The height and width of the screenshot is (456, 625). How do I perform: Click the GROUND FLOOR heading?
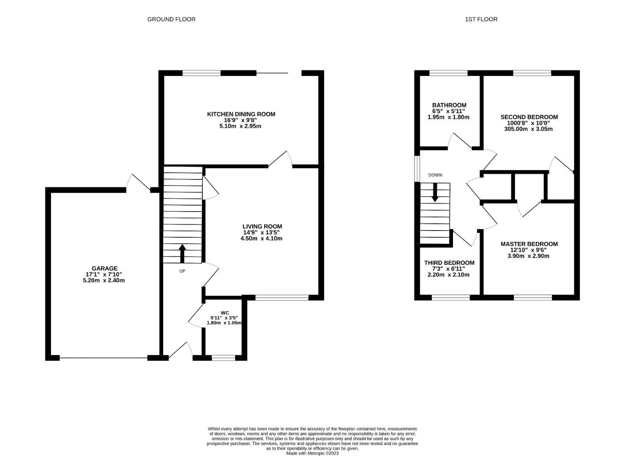171,19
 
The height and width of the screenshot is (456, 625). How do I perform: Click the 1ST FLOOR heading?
481,19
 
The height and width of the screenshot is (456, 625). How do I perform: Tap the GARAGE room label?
105,268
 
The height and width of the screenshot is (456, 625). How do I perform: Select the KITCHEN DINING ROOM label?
241,114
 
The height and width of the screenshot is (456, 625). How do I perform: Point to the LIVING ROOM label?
262,226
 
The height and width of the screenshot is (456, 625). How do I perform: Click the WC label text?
224,313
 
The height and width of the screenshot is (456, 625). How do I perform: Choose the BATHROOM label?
449,105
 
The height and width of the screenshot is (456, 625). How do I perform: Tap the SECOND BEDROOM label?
529,117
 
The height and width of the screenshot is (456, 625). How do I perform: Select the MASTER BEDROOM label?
529,244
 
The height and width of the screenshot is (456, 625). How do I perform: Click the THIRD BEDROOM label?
449,263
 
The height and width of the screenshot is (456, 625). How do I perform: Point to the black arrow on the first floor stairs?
435,193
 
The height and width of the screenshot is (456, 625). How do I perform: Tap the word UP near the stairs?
182,271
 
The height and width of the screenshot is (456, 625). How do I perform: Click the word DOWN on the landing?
435,175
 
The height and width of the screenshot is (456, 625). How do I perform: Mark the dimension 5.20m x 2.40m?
104,280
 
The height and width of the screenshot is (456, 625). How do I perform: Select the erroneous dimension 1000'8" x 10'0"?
528,123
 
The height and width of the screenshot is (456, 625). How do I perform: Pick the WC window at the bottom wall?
224,358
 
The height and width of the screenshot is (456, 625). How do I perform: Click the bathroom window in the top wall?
448,73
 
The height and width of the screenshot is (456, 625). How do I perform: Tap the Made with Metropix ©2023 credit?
312,453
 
